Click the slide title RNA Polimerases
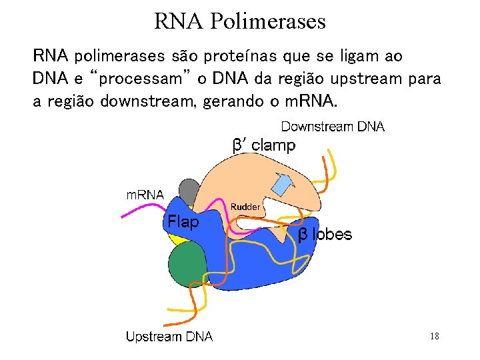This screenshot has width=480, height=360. point(240,21)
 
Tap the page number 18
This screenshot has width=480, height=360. point(434,337)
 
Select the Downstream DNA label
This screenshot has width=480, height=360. point(333,126)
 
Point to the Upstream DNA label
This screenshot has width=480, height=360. point(169,337)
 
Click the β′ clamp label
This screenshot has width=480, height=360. point(263,145)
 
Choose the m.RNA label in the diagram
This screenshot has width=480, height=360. point(145,195)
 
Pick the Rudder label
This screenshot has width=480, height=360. point(245,207)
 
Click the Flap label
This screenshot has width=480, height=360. point(183,222)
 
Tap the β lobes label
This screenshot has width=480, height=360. point(325,234)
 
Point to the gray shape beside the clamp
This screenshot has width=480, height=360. point(189,193)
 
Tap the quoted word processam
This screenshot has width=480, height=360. point(140,79)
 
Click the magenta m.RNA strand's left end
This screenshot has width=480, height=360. point(122,217)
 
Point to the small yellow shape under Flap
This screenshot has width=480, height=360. point(175,237)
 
